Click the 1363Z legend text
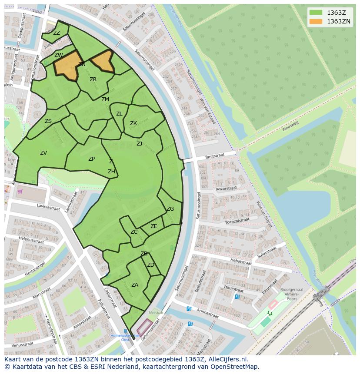[x=336, y=13]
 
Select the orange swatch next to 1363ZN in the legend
[x=316, y=21]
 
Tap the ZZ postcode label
[x=57, y=33]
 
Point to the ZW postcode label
[x=59, y=55]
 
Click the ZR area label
[x=93, y=79]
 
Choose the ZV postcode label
[x=43, y=153]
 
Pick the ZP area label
[x=91, y=159]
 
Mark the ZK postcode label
[x=133, y=123]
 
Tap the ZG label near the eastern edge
[x=170, y=209]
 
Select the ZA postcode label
[x=135, y=285]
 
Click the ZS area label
[x=48, y=121]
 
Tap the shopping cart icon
[x=20, y=191]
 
